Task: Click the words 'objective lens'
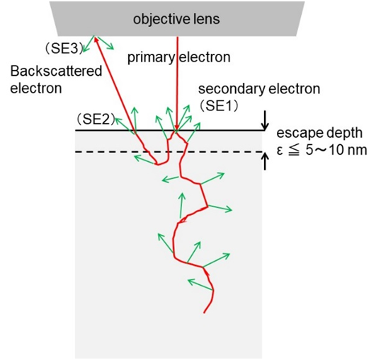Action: click(x=176, y=19)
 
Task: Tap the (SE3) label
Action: click(x=64, y=49)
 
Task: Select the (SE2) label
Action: click(x=95, y=120)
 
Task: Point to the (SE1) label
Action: click(x=219, y=105)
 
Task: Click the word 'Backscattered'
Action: click(x=56, y=71)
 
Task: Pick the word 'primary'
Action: click(x=151, y=58)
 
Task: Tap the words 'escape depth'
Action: click(x=319, y=133)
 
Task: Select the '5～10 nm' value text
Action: click(x=336, y=150)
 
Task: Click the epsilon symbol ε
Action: click(x=280, y=151)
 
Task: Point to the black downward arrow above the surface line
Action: click(x=265, y=120)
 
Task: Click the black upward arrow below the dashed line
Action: click(x=265, y=162)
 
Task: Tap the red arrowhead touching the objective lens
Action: click(x=96, y=39)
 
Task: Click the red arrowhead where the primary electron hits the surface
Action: click(x=177, y=128)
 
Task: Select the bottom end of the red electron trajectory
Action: click(x=204, y=313)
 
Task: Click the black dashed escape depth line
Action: click(x=169, y=152)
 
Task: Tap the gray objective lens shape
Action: click(x=176, y=18)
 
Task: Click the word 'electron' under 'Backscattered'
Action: click(x=36, y=88)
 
